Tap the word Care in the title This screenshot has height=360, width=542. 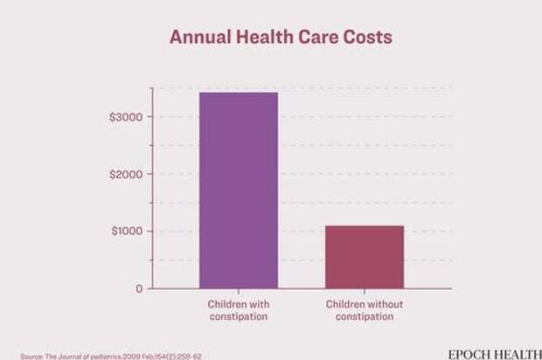pos(315,38)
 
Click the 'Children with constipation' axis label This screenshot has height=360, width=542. pos(239,310)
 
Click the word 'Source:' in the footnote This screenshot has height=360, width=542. pos(32,356)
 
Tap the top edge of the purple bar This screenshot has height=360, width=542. pos(239,93)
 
